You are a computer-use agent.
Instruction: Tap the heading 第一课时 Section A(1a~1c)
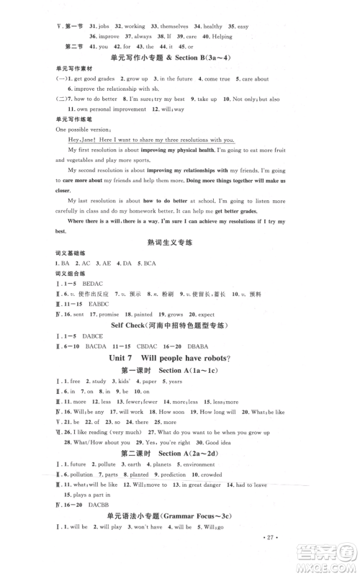pos(180,370)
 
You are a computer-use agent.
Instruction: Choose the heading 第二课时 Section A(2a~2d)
pos(180,454)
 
